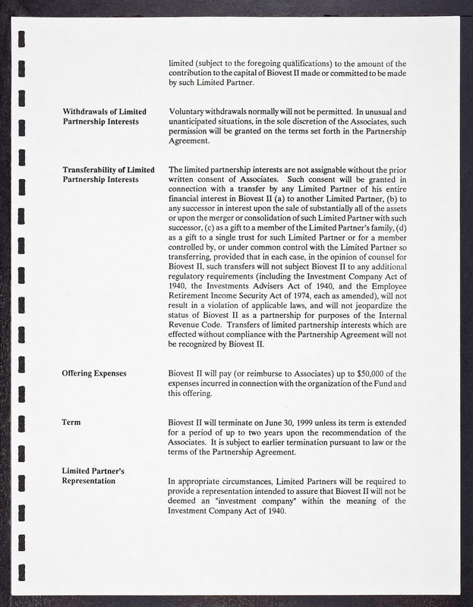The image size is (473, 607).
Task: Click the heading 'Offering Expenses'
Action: (x=94, y=373)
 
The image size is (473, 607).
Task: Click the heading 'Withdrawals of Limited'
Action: (x=106, y=112)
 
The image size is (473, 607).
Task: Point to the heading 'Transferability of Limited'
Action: (x=109, y=169)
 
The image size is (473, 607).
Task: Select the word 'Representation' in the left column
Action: (x=89, y=480)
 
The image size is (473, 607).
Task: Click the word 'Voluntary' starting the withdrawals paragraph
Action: (x=188, y=112)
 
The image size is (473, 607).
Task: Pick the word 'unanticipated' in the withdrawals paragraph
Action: (x=197, y=121)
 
